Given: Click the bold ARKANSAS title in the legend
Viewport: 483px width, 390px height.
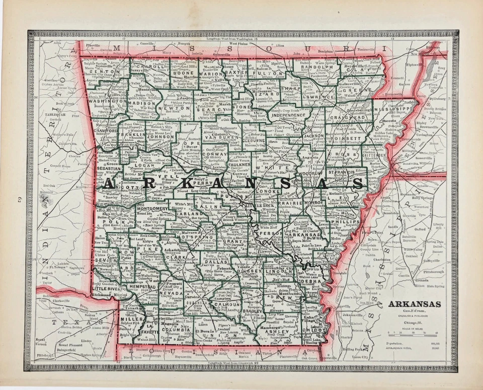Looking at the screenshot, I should point(415,304).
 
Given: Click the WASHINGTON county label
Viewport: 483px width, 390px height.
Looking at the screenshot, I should point(107,101).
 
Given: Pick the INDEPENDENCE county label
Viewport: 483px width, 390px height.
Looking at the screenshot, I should point(288,115).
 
